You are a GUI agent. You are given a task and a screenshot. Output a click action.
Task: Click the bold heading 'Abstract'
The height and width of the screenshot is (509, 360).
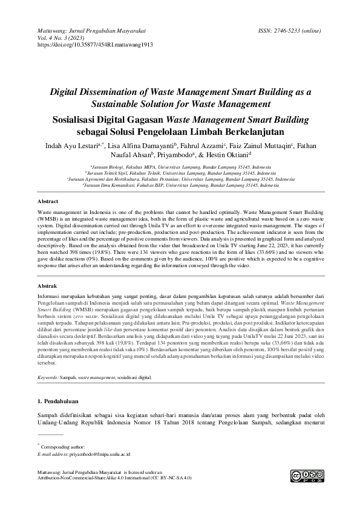[x=48, y=199]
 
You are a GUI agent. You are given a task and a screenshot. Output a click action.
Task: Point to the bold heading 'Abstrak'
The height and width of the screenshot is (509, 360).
[x=47, y=284]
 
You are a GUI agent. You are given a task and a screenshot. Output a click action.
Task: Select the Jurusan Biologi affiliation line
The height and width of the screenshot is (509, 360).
[x=180, y=166]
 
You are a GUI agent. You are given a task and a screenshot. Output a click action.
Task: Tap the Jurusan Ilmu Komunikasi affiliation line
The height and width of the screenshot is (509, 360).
[x=180, y=186]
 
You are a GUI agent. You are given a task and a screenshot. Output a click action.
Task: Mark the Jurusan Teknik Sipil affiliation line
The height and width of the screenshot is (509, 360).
[x=180, y=172]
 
